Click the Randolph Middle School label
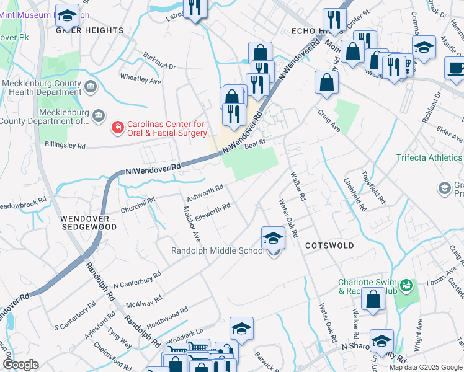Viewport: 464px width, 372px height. click(218, 251)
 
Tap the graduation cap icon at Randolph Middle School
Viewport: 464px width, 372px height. click(273, 239)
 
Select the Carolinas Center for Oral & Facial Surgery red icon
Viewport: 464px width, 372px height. click(116, 128)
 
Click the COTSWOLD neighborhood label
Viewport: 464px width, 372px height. click(329, 246)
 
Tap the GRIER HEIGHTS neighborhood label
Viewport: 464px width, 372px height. click(90, 30)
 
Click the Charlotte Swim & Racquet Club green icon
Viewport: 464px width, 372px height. click(406, 286)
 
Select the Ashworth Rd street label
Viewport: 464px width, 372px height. click(206, 190)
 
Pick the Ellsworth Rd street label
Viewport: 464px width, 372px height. click(213, 211)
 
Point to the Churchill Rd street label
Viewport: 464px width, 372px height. click(137, 204)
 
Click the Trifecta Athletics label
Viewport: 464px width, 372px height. click(429, 157)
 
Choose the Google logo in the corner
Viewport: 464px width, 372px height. click(20, 364)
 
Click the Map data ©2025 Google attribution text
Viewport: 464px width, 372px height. click(426, 367)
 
